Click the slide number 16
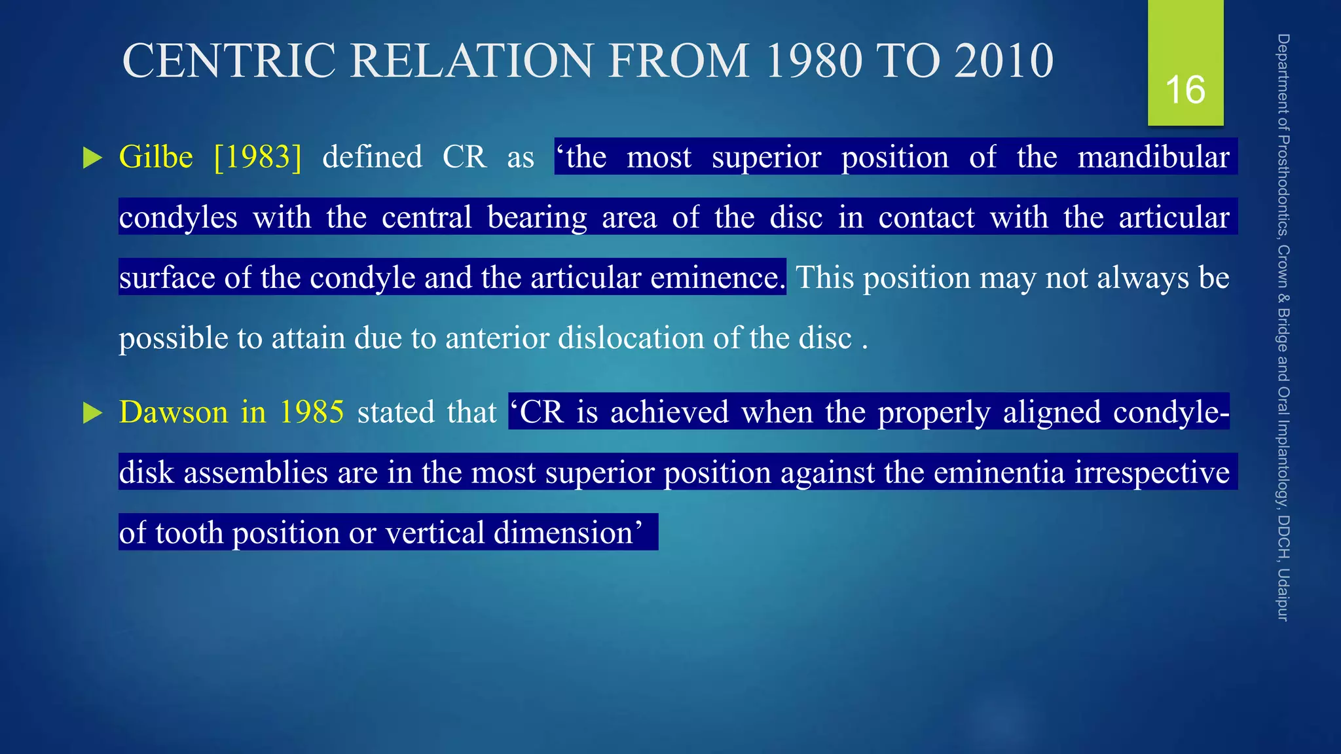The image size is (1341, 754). click(1185, 90)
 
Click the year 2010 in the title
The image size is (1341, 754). click(1003, 61)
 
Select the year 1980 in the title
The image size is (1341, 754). click(814, 61)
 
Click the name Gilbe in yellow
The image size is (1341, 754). click(156, 157)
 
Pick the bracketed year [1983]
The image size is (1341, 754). click(258, 157)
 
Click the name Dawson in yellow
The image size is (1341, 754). click(174, 412)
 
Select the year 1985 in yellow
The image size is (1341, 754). click(312, 412)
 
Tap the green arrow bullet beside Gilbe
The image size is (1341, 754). click(93, 158)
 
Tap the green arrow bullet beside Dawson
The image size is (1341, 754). click(93, 413)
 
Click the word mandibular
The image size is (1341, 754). click(1153, 157)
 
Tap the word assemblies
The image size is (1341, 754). click(255, 473)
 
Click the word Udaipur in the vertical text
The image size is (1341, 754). click(1283, 594)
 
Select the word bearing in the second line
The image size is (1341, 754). click(537, 217)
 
